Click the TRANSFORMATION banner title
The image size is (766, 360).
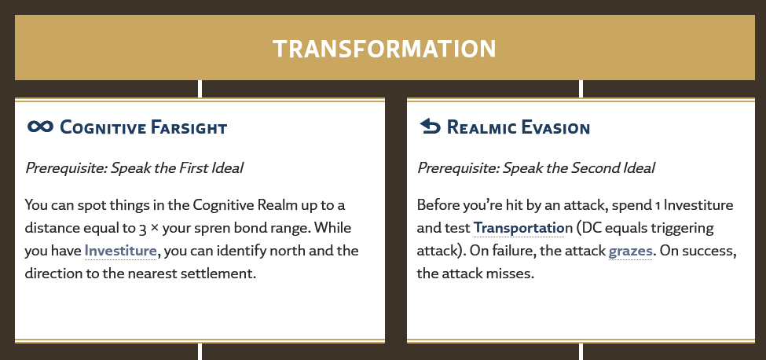pyautogui.click(x=384, y=49)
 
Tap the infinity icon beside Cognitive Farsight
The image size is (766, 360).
pyautogui.click(x=40, y=127)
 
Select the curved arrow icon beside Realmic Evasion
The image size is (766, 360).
pyautogui.click(x=430, y=127)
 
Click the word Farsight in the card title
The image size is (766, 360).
pyautogui.click(x=189, y=127)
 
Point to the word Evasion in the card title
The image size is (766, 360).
pyautogui.click(x=555, y=127)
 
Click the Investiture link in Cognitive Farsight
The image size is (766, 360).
pyautogui.click(x=121, y=251)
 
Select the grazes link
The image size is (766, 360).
pyautogui.click(x=630, y=251)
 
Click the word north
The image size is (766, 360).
pyautogui.click(x=313, y=251)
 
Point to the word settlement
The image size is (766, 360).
pyautogui.click(x=224, y=273)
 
